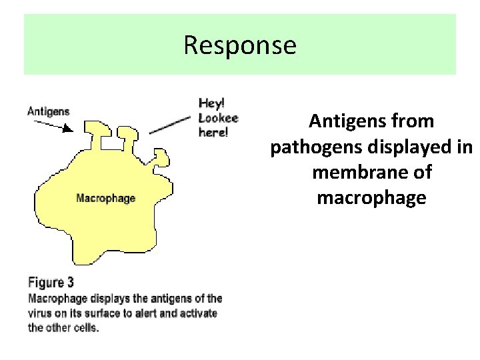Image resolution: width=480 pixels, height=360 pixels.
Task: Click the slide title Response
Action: (239, 45)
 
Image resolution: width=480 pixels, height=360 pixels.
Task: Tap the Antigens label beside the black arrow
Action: (48, 111)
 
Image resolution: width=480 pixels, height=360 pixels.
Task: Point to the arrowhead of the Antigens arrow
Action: (69, 129)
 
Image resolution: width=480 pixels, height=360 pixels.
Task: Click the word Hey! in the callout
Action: (212, 103)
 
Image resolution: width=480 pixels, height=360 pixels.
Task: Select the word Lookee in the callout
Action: (218, 118)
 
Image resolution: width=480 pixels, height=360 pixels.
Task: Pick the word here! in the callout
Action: (213, 132)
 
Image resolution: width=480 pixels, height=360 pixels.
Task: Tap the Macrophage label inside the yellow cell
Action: (105, 198)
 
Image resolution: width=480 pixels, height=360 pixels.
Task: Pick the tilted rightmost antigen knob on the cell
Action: (160, 158)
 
